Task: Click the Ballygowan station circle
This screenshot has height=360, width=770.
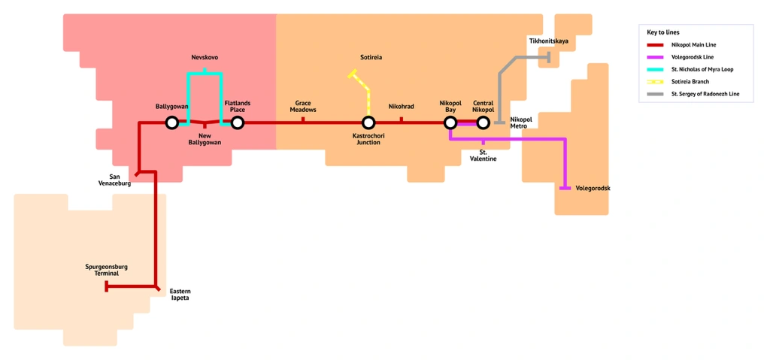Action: [x=172, y=123]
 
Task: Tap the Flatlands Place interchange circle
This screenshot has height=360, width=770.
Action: [x=238, y=123]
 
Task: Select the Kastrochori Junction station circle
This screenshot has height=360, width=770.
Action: [x=368, y=123]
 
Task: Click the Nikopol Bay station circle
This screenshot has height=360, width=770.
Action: [x=450, y=123]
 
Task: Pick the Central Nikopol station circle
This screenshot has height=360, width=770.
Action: [x=483, y=123]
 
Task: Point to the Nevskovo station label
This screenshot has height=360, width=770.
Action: [x=205, y=58]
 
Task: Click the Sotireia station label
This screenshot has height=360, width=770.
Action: [x=371, y=58]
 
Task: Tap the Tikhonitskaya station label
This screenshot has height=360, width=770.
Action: [x=549, y=41]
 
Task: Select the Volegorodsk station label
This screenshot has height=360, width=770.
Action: [x=593, y=189]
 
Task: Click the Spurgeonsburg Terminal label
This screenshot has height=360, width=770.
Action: [x=106, y=270]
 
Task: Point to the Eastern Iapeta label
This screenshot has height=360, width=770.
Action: [x=180, y=295]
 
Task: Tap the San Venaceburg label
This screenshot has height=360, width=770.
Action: [x=114, y=180]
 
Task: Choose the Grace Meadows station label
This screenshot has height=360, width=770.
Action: [x=303, y=107]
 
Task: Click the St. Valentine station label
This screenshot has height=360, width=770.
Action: [x=483, y=156]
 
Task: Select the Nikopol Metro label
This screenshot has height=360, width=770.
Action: [x=520, y=123]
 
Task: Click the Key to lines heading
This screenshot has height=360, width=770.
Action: [x=663, y=32]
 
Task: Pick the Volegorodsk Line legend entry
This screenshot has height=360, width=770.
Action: [x=693, y=57]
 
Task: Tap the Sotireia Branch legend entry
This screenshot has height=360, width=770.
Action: [x=690, y=82]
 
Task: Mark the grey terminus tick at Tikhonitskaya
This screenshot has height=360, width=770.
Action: [x=548, y=57]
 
